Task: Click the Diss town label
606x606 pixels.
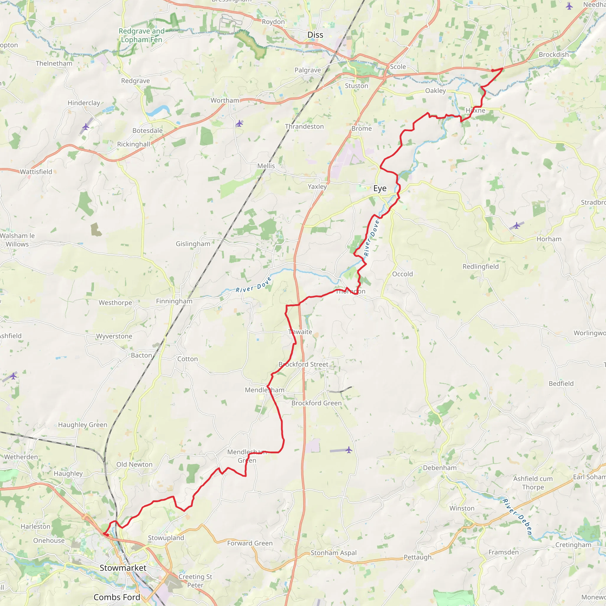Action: (315, 35)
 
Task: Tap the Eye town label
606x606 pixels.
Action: (380, 188)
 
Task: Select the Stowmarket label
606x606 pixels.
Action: (123, 568)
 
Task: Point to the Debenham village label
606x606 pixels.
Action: (440, 468)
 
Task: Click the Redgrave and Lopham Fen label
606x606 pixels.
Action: (141, 36)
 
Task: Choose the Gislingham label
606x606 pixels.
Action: (193, 244)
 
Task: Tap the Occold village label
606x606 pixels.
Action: (402, 274)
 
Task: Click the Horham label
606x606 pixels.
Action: (549, 239)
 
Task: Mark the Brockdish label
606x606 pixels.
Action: (554, 54)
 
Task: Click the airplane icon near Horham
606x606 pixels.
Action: (517, 225)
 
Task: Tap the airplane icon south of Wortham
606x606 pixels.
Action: (239, 123)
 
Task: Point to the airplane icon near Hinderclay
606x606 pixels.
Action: (86, 127)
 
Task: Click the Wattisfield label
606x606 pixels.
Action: (36, 172)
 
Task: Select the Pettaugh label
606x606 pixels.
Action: (418, 557)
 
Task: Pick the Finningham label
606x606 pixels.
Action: (174, 301)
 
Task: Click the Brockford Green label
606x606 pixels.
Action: (317, 403)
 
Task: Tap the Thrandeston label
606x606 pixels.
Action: (304, 126)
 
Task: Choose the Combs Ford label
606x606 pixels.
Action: (117, 597)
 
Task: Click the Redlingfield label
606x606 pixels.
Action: (481, 267)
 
